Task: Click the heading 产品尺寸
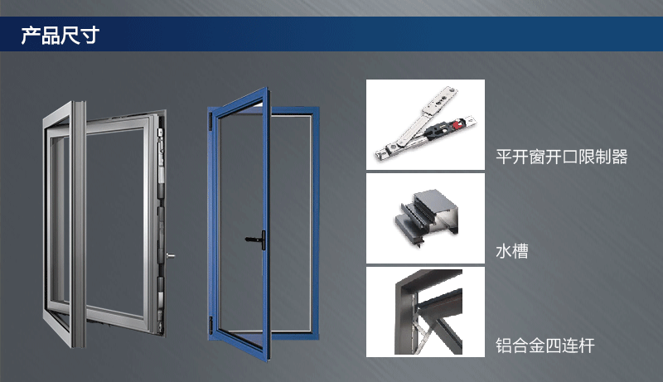(x=60, y=35)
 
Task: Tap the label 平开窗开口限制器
(x=562, y=157)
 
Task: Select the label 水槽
(x=512, y=251)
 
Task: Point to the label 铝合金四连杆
(x=545, y=346)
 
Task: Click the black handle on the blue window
(x=256, y=239)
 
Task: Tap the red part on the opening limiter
(x=457, y=124)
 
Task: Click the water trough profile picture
(x=426, y=219)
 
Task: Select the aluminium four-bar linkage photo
(x=425, y=312)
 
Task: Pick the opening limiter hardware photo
(x=425, y=124)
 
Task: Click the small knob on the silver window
(x=170, y=256)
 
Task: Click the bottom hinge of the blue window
(x=211, y=326)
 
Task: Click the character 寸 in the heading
(x=90, y=35)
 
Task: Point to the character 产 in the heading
(x=31, y=35)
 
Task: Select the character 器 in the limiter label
(x=619, y=157)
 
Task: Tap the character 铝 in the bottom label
(x=504, y=346)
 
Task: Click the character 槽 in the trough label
(x=520, y=251)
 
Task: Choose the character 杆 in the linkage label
(x=587, y=346)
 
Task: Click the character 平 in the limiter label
(x=504, y=157)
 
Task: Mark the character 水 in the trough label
(x=504, y=251)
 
